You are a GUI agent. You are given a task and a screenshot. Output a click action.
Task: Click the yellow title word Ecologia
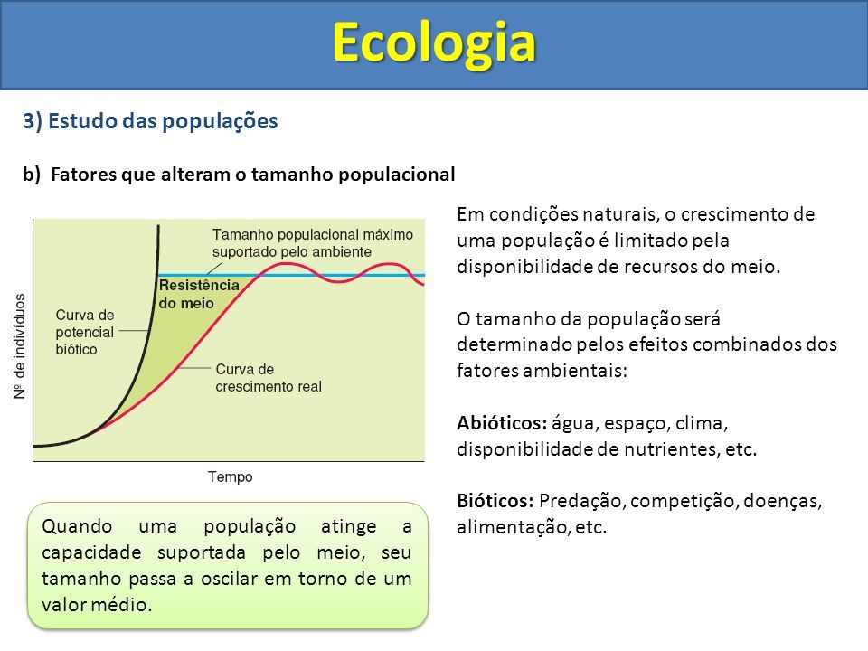[x=434, y=43]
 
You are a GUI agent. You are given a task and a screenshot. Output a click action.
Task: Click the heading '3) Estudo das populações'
[x=150, y=121]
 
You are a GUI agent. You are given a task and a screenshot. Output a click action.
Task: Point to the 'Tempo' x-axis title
[x=231, y=476]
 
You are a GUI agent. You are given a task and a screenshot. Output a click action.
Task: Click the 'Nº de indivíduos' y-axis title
[x=20, y=346]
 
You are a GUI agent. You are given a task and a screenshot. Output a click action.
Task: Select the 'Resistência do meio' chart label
[x=199, y=294]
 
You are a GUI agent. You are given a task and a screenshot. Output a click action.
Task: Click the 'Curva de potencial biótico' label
[x=85, y=332]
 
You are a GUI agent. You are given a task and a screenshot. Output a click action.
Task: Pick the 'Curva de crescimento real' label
[x=269, y=378]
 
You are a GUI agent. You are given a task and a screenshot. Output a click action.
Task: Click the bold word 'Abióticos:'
[x=502, y=423]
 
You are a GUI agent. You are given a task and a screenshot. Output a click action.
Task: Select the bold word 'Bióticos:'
[x=495, y=501]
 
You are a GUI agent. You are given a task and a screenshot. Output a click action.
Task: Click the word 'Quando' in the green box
[x=77, y=527]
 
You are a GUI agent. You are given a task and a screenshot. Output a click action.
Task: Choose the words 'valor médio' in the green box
[x=97, y=605]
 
